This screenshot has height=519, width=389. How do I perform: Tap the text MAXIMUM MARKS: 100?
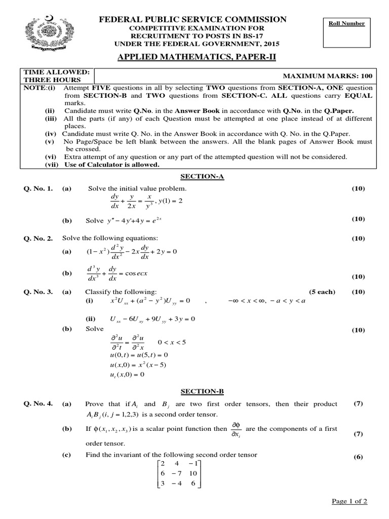327,76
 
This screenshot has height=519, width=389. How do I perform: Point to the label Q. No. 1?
37,189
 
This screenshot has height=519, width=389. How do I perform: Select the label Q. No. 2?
37,238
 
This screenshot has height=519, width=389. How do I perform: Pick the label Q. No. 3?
37,292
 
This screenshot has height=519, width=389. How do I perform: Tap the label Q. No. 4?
37,404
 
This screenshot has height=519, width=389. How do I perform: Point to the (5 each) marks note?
322,292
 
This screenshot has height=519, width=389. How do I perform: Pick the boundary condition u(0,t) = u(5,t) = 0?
138,355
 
